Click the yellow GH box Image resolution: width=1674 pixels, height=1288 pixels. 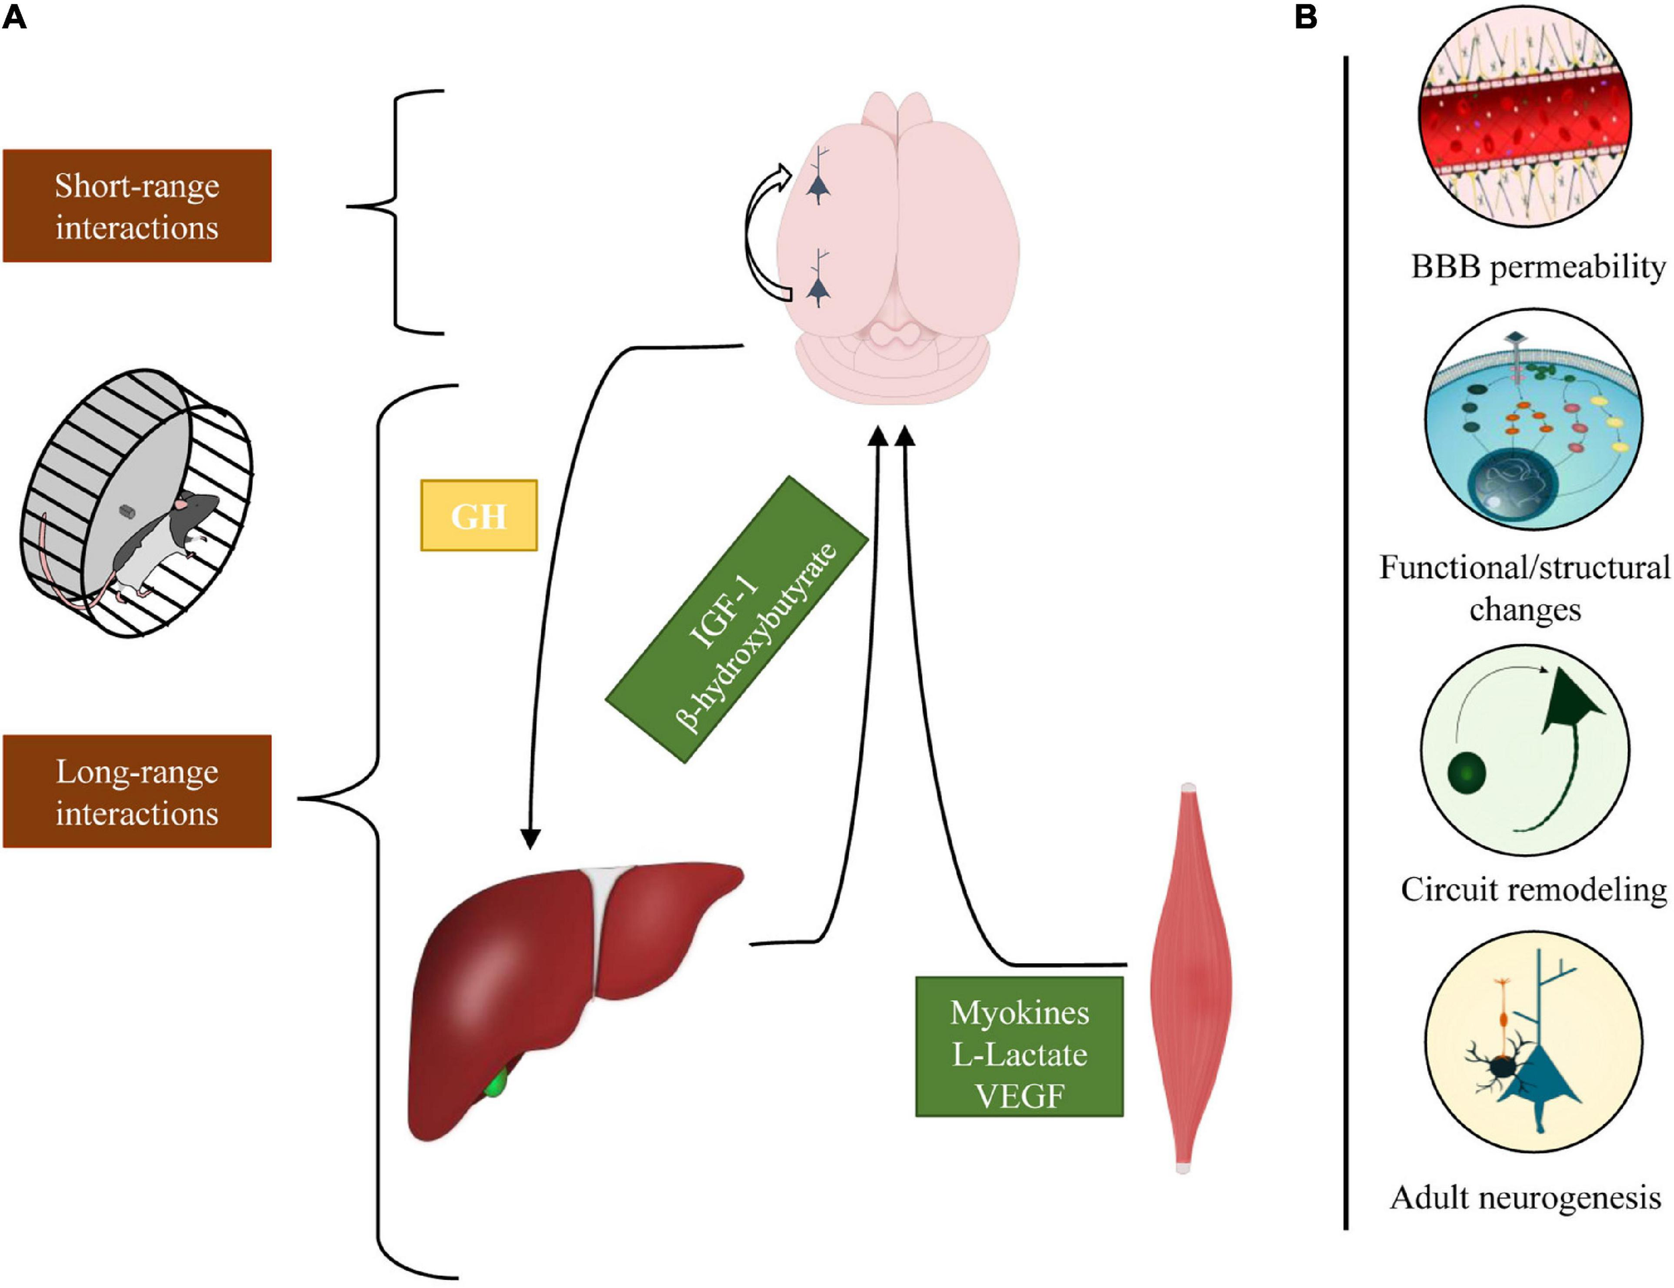pyautogui.click(x=478, y=515)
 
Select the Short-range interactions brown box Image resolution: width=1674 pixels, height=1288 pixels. pyautogui.click(x=137, y=206)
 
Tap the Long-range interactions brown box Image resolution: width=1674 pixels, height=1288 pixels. pyautogui.click(x=137, y=791)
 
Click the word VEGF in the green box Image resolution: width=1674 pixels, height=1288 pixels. pyautogui.click(x=1019, y=1096)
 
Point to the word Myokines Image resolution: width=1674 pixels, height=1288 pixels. pyautogui.click(x=1019, y=1013)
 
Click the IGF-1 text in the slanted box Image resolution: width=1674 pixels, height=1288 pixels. pyautogui.click(x=724, y=614)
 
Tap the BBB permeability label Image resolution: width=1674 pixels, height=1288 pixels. pyautogui.click(x=1537, y=267)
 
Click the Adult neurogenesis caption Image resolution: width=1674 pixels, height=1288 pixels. pyautogui.click(x=1525, y=1198)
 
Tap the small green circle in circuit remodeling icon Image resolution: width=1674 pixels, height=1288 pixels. pyautogui.click(x=1467, y=773)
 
